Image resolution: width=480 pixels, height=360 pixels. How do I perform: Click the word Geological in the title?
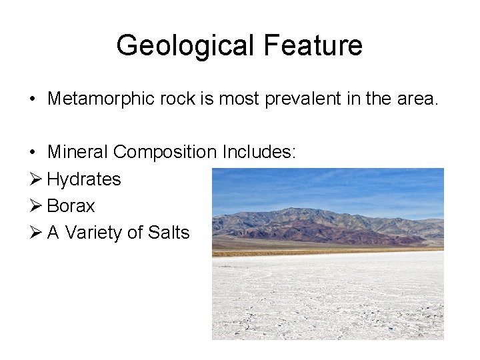click(186, 46)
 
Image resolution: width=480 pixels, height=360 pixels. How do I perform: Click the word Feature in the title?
click(313, 46)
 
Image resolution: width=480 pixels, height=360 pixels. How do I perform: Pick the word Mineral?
click(77, 153)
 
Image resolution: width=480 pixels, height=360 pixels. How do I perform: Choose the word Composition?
click(165, 153)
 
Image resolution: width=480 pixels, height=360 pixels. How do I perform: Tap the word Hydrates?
click(84, 179)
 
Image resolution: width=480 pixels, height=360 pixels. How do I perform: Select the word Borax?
click(71, 206)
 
